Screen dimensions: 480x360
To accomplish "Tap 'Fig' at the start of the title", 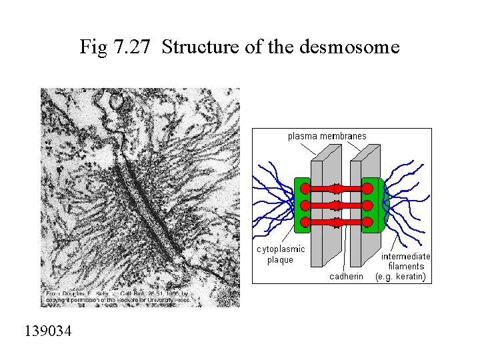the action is point(93,47).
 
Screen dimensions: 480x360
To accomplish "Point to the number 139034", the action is point(49,331).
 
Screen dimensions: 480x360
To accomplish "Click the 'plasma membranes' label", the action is point(327,136).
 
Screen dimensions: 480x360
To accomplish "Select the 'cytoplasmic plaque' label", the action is point(281,254).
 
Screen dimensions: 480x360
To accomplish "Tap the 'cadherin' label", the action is point(347,276).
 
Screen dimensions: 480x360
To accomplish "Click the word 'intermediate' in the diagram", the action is point(405,256).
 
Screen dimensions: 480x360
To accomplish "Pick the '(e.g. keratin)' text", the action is point(401,276).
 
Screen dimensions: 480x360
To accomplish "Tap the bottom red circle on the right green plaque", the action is point(368,221).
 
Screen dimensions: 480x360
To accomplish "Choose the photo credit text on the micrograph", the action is point(117,297).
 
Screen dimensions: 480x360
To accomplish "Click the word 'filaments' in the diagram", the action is point(406,266).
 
